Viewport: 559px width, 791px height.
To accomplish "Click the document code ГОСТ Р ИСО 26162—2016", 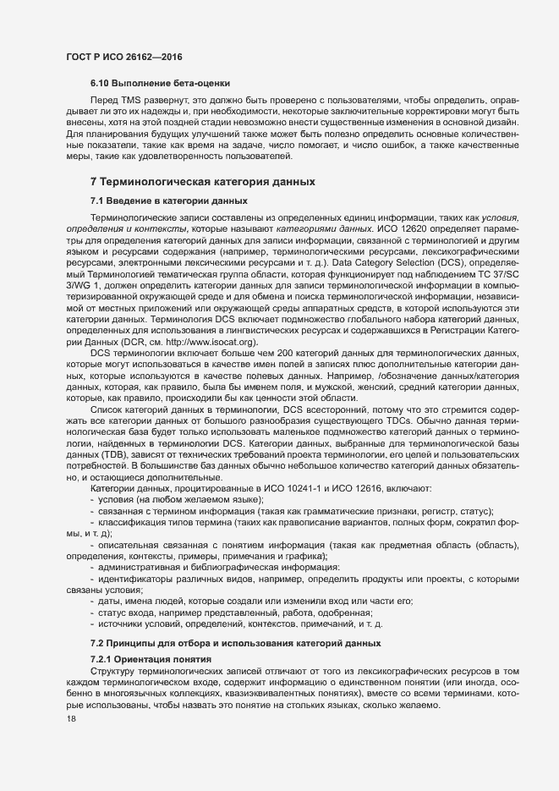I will click(x=125, y=57).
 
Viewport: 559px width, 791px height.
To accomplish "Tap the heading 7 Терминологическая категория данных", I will click(x=203, y=182).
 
